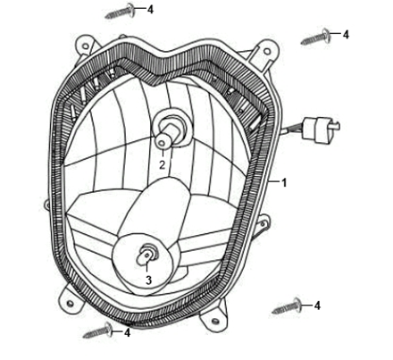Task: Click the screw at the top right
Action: (x=315, y=37)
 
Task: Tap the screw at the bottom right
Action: (x=287, y=306)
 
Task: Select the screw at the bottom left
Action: (x=97, y=331)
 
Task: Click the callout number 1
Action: (x=284, y=182)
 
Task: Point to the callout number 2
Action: (x=162, y=165)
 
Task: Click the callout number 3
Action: (x=148, y=280)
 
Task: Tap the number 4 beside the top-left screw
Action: (x=151, y=9)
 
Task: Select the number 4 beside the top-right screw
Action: (x=346, y=35)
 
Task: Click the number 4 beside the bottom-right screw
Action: (x=317, y=306)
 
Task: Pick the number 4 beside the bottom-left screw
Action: (x=127, y=332)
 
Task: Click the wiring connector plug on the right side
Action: (x=321, y=128)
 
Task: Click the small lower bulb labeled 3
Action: (x=146, y=255)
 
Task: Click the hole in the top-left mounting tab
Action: (x=85, y=46)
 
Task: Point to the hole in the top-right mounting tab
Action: (x=267, y=52)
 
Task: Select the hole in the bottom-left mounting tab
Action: (x=71, y=303)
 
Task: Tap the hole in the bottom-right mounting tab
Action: (x=215, y=322)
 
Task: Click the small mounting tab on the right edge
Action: (x=263, y=222)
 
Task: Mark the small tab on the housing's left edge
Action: (x=46, y=205)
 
